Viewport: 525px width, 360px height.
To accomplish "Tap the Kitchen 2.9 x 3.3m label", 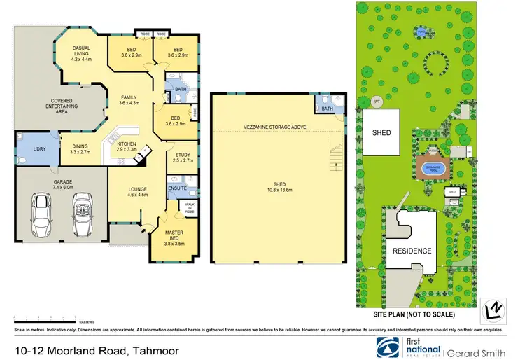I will click(x=130, y=146).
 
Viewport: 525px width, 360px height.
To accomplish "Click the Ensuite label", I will click(x=176, y=188).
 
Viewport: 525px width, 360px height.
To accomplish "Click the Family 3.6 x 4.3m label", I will click(x=128, y=100).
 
